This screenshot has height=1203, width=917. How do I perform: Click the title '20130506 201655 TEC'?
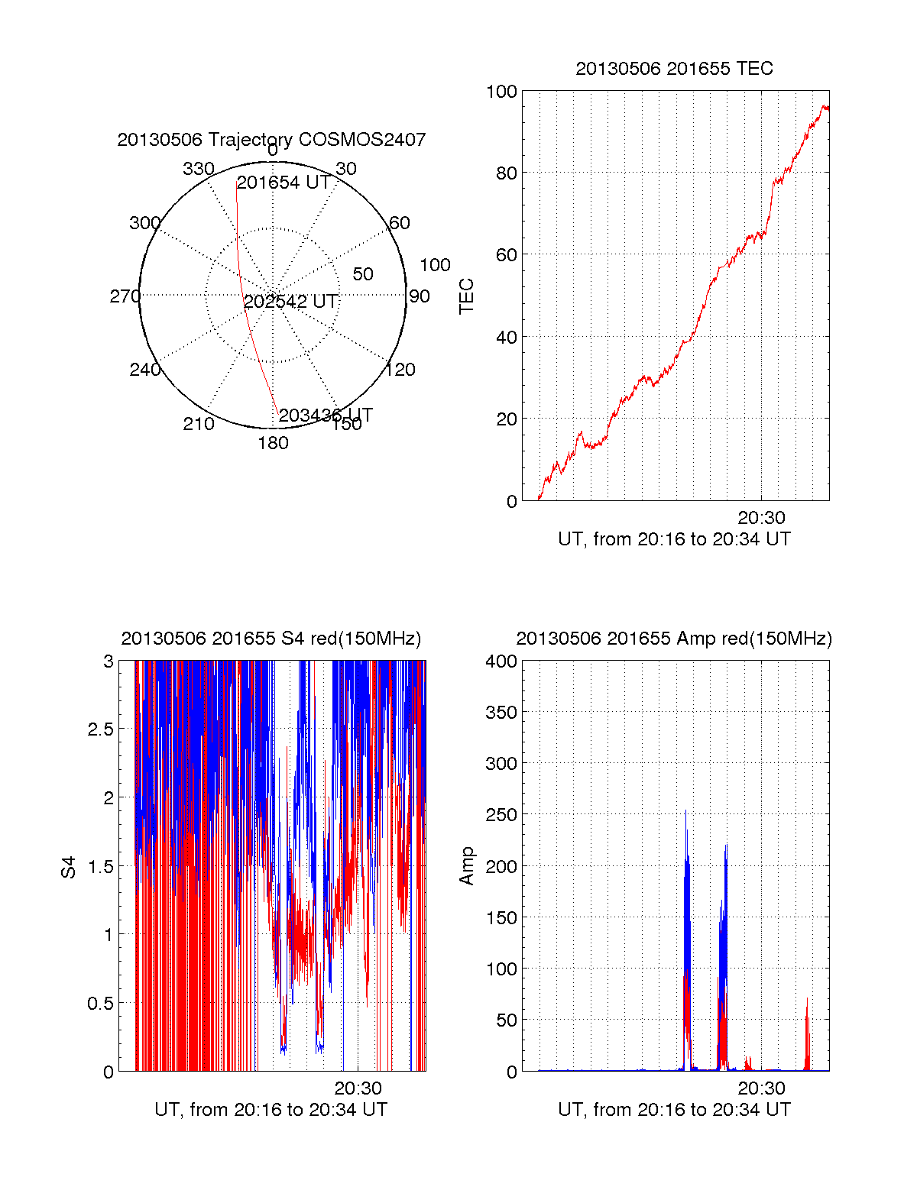(674, 69)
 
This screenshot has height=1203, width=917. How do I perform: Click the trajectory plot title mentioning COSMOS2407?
(271, 140)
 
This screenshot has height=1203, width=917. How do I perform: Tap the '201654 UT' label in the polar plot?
(284, 183)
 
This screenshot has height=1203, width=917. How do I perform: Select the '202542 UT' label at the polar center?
(290, 302)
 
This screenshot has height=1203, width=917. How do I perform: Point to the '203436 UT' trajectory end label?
(326, 416)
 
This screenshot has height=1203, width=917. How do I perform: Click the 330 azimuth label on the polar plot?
(198, 169)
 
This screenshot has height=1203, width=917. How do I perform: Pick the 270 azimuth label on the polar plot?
(125, 296)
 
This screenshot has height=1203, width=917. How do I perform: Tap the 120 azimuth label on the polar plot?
(400, 370)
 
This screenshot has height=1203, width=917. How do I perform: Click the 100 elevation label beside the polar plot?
(435, 265)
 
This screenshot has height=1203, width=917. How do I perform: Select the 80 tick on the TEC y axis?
(506, 173)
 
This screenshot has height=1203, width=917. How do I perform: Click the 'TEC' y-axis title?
(466, 296)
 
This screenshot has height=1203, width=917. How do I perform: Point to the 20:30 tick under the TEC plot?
(761, 518)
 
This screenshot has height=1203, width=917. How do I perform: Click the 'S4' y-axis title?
(69, 867)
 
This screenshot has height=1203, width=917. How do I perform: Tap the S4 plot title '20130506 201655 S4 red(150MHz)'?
(271, 639)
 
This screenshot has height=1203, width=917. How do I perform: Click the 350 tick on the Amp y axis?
(501, 713)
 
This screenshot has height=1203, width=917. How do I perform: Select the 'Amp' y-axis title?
(466, 866)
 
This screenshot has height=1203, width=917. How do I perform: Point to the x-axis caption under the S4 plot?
(271, 1110)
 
